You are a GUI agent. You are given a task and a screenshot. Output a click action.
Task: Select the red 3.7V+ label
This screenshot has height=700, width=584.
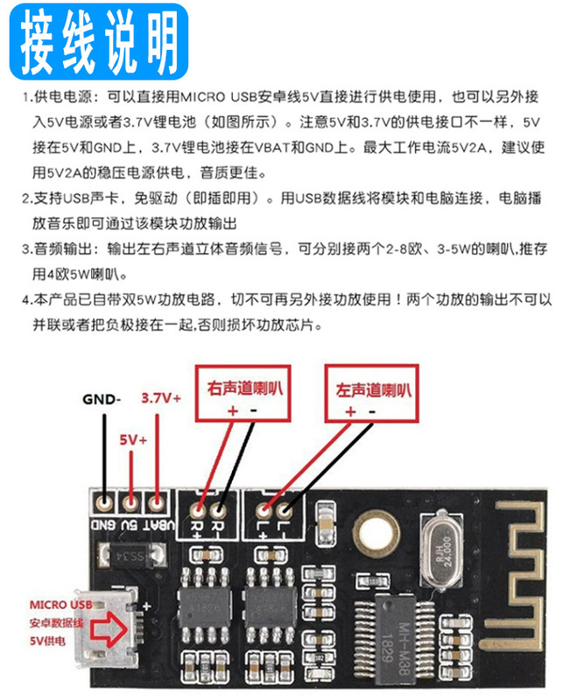coord(160,397)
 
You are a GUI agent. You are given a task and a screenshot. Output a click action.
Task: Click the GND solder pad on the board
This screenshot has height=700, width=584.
coord(107,502)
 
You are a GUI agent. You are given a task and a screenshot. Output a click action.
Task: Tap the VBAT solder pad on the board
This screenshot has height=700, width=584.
coord(158,502)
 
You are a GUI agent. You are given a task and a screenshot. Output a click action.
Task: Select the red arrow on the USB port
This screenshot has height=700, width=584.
coord(109,632)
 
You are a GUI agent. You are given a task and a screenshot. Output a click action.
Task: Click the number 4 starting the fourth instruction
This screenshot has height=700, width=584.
coord(27,300)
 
